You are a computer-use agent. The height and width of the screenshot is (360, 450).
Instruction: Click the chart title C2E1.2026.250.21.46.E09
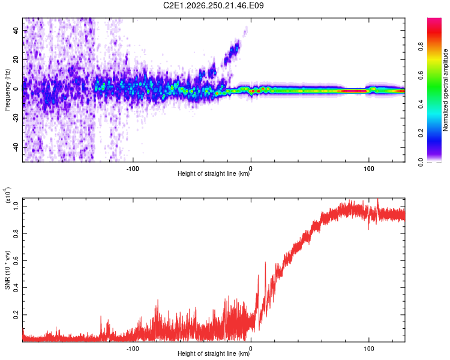pyautogui.click(x=213, y=5)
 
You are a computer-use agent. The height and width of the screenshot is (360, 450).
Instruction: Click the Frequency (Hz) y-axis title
pyautogui.click(x=7, y=89)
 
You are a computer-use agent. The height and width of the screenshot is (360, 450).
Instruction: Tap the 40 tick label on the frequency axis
pyautogui.click(x=16, y=30)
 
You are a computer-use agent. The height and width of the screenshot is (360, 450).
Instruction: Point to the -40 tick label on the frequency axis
pyautogui.click(x=16, y=146)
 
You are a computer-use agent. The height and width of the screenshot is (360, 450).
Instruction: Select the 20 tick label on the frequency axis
pyautogui.click(x=16, y=59)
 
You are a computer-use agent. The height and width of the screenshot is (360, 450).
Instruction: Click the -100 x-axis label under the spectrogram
pyautogui.click(x=133, y=169)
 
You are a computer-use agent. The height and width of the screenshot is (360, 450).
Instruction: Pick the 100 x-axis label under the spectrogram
pyautogui.click(x=369, y=169)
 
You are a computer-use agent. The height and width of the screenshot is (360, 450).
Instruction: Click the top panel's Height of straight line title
pyautogui.click(x=214, y=173)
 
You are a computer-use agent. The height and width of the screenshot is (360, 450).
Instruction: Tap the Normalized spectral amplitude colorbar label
pyautogui.click(x=445, y=89)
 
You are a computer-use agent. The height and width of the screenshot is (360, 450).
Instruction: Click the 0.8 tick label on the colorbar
pyautogui.click(x=421, y=46)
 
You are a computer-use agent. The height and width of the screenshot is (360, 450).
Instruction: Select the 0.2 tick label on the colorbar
pyautogui.click(x=421, y=133)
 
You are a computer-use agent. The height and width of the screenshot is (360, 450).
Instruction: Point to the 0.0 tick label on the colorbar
pyautogui.click(x=421, y=162)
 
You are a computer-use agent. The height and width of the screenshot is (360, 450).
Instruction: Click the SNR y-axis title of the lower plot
pyautogui.click(x=7, y=270)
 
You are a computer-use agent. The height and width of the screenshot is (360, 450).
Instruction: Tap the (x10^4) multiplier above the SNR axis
pyautogui.click(x=8, y=195)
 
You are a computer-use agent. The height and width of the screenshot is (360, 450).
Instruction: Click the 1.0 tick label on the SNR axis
pyautogui.click(x=16, y=206)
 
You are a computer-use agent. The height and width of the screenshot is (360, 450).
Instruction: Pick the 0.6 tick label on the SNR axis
pyautogui.click(x=16, y=260)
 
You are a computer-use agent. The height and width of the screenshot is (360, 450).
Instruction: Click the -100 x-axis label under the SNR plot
pyautogui.click(x=133, y=349)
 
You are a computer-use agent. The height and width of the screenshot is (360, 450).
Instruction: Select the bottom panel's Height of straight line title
pyautogui.click(x=214, y=353)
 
